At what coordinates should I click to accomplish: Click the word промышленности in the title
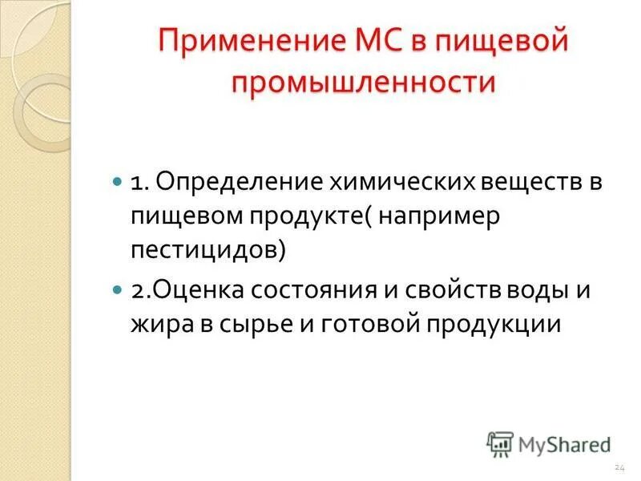[365, 83]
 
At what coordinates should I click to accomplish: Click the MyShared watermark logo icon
[499, 443]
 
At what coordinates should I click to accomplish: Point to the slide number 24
[619, 467]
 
